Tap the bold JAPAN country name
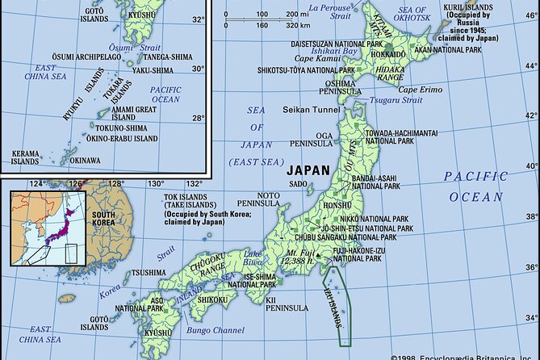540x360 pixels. [x=308, y=170]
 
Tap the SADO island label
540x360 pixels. [x=299, y=184]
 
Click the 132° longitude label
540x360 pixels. [x=195, y=184]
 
